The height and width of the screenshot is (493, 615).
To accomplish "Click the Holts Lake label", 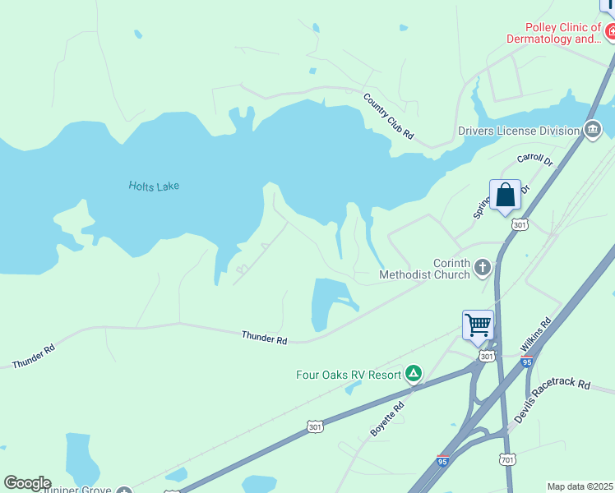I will pos(154,186).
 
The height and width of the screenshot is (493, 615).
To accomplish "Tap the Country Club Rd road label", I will pos(388,116).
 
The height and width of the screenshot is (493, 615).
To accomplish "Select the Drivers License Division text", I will pos(518,131).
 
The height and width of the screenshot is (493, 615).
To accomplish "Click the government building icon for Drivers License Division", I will pos(592,130).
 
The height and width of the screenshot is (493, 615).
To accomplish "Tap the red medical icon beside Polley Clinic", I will pos(610,33).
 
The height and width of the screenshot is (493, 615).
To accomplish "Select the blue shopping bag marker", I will pos(505,196).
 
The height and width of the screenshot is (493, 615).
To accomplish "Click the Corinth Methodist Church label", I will pos(424,269).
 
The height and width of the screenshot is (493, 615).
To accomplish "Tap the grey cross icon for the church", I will pos(482,268).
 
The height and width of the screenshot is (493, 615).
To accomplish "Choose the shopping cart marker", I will pos(478,325).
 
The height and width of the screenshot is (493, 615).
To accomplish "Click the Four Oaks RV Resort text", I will pos(349,375).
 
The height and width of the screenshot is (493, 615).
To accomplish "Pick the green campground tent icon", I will pos(414,375).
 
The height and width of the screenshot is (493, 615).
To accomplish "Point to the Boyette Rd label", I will pos(386,419).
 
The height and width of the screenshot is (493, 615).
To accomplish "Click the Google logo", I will pos(27,483).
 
